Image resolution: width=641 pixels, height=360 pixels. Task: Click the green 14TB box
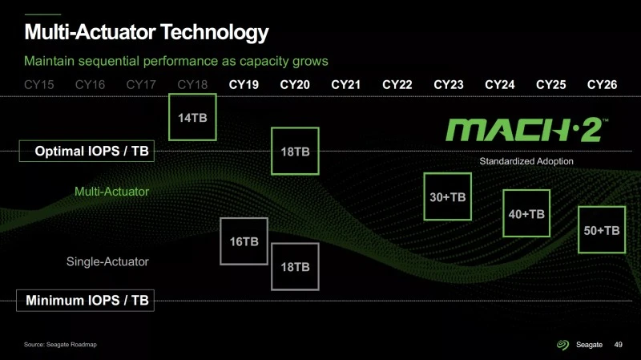[192, 118]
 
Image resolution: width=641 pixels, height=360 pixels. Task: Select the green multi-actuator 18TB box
[295, 151]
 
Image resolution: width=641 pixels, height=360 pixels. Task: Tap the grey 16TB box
[244, 241]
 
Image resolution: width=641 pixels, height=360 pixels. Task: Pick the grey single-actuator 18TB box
[295, 266]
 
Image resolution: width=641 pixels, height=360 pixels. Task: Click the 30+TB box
[447, 196]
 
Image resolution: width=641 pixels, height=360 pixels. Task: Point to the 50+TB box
[601, 229]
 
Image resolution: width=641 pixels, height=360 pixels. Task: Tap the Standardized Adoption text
[526, 162]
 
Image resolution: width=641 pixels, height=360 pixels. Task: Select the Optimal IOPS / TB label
[87, 150]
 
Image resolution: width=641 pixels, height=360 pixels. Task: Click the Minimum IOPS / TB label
[87, 301]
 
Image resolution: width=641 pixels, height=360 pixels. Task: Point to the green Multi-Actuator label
[111, 192]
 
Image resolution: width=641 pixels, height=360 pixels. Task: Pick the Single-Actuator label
[107, 261]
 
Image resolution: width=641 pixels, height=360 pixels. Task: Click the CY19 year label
[244, 84]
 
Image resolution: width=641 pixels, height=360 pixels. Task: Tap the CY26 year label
[602, 84]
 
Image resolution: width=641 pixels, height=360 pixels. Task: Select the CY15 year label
[38, 84]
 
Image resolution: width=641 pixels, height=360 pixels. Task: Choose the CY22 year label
[397, 84]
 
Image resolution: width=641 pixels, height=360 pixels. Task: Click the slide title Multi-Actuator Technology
[146, 33]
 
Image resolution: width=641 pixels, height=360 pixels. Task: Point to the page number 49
[618, 345]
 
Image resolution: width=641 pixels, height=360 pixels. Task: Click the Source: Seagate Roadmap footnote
[61, 345]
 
